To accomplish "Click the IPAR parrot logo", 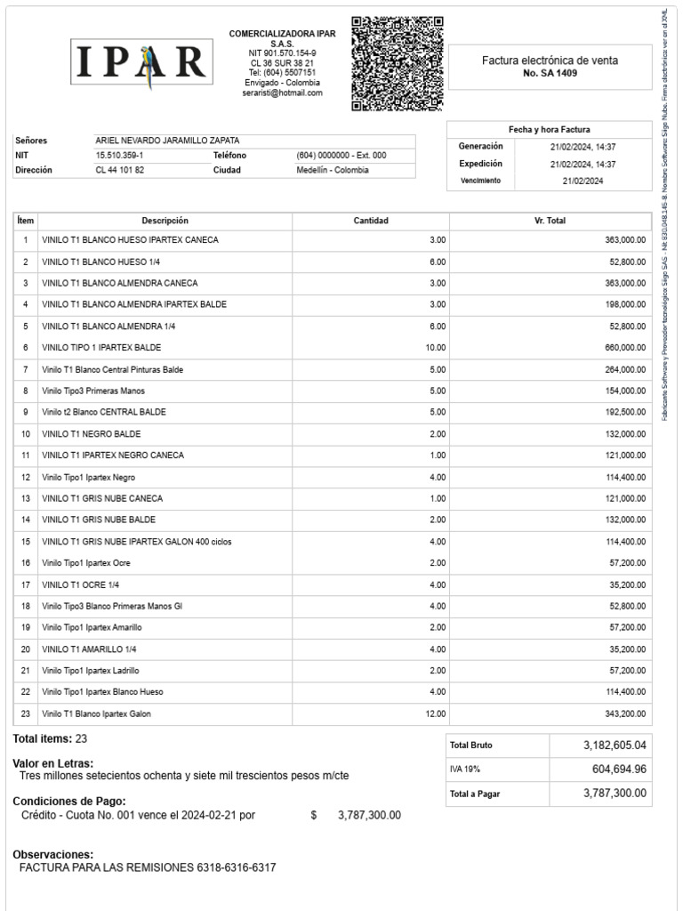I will pos(141,61).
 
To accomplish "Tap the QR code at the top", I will pos(397,63).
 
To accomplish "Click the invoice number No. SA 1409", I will pos(550,74).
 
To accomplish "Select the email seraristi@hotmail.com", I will pos(283,93).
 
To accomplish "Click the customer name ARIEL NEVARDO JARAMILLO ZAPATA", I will pos(167,141).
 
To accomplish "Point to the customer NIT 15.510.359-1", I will pos(120,155).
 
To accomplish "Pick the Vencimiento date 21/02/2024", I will pos(583,181).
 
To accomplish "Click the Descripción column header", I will pos(165,221).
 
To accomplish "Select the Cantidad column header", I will pos(371,221).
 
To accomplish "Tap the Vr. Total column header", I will pos(550,221).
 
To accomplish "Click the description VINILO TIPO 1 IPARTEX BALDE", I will pos(101,348).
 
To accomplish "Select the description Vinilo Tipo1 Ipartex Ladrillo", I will pos(91,671).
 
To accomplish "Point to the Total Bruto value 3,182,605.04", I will pos(615,746).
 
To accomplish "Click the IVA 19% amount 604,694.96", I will pos(619,770).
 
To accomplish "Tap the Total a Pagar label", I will pos(475,794).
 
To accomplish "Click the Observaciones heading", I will pos(52,854).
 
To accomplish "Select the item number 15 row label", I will pos(26,542).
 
